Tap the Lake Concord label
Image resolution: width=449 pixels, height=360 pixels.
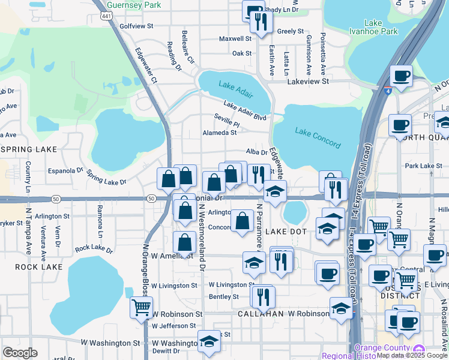click(x=318, y=137)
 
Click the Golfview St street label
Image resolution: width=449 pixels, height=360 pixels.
click(x=137, y=26)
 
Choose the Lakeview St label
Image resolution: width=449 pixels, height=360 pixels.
click(x=309, y=80)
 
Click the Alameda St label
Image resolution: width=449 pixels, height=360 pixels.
click(x=219, y=133)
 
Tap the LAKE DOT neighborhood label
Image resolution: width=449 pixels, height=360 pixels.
click(x=286, y=232)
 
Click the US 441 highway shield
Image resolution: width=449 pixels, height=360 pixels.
click(x=107, y=17)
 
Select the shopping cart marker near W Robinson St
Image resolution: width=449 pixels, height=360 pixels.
click(x=142, y=307)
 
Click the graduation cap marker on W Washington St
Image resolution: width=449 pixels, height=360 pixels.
click(x=208, y=341)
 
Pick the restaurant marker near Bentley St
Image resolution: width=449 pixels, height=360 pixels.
click(x=263, y=295)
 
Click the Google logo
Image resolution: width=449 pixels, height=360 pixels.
click(x=20, y=353)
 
